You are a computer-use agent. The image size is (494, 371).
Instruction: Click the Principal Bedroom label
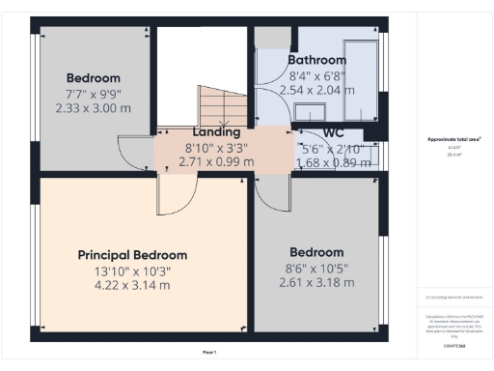[132, 255]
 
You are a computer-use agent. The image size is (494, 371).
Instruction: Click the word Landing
[216, 132]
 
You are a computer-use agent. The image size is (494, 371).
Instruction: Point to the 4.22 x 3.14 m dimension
[132, 285]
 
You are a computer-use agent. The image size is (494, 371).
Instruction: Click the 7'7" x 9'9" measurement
[93, 95]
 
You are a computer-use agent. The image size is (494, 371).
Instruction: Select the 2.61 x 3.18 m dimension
[316, 283]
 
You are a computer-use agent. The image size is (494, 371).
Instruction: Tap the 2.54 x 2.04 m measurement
[317, 90]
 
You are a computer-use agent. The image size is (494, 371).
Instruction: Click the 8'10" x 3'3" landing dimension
[216, 148]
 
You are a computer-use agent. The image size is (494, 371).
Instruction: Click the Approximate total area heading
[453, 139]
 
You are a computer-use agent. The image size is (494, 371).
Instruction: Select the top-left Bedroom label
[93, 78]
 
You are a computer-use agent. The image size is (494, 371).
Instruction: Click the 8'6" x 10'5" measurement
[316, 269]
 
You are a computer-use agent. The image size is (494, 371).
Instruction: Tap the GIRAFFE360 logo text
[453, 345]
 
